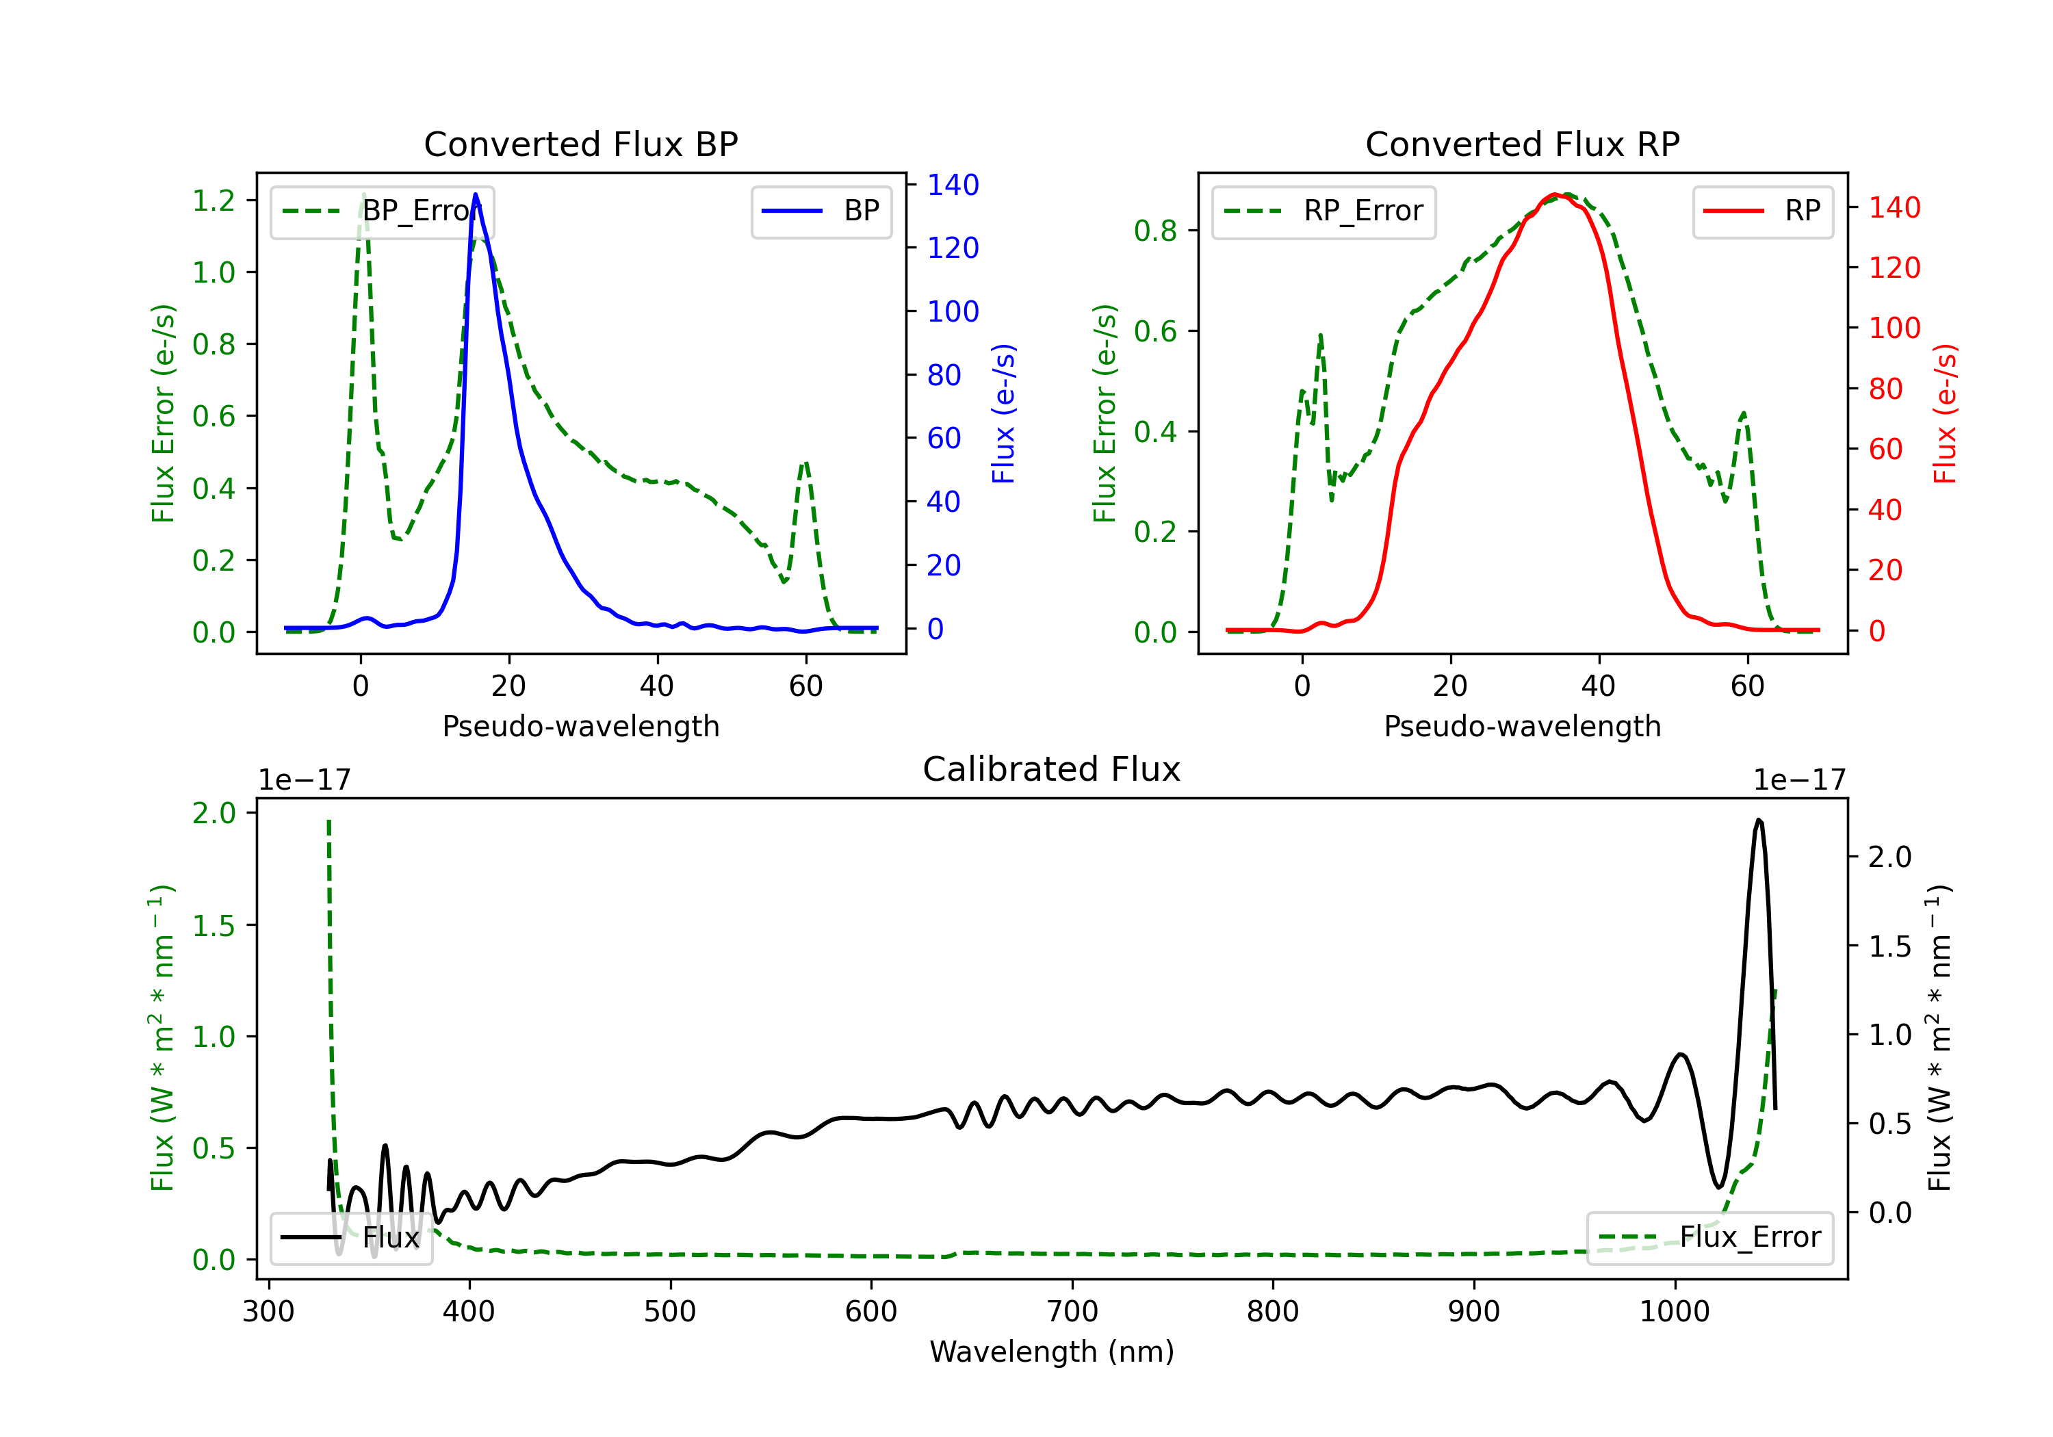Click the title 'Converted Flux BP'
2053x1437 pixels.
(580, 144)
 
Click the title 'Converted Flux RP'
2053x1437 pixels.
(1522, 144)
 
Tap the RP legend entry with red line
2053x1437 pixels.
(1762, 211)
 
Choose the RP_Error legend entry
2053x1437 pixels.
(1324, 211)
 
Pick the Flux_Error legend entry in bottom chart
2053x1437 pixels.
(1709, 1238)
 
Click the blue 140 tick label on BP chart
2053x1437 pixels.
(953, 185)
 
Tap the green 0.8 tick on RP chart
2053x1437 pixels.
(1155, 231)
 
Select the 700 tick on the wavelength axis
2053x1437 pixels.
(1072, 1312)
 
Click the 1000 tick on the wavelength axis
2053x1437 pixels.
(1674, 1312)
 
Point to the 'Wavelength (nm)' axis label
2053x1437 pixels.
(1052, 1351)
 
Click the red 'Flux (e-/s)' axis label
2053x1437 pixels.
(1945, 413)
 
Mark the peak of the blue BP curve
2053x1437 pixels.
(475, 194)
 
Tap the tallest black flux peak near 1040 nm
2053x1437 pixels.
(1758, 820)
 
